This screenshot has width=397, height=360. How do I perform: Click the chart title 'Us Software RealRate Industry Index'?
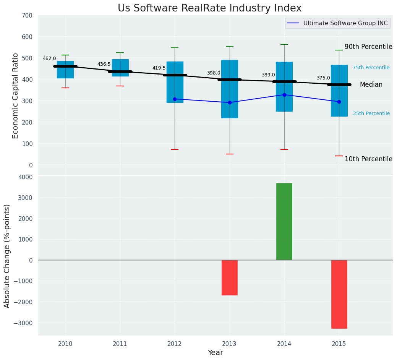[209, 8]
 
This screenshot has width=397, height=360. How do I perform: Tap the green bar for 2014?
[284, 221]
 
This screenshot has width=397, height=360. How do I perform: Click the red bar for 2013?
[230, 277]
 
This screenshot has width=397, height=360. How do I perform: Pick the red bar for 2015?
[339, 294]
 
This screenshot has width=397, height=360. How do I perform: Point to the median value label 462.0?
[49, 58]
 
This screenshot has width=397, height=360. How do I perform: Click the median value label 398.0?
[214, 73]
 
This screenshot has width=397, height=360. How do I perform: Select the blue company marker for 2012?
[175, 99]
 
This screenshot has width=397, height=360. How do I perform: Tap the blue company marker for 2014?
[284, 95]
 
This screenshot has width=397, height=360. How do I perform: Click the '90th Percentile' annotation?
[368, 47]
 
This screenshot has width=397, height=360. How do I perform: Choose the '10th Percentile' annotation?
[368, 159]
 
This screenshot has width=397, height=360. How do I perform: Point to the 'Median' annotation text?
[371, 85]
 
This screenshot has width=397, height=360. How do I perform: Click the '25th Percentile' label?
[371, 114]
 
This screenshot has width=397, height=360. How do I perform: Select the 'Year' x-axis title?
[215, 353]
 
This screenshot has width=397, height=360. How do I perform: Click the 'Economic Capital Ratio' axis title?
[16, 96]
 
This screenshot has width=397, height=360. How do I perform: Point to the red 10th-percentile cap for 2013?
[230, 154]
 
